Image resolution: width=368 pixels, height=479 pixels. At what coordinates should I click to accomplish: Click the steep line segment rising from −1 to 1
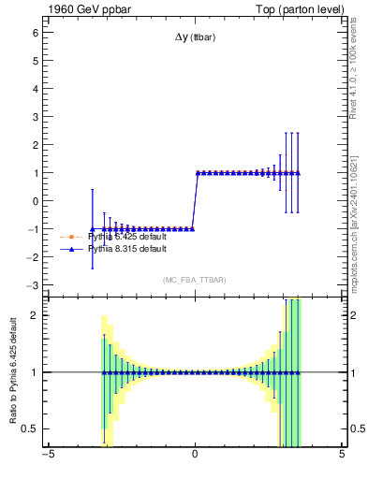tap(195, 200)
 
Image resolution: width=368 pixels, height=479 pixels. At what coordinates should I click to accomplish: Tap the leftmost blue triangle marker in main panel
tap(92, 228)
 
